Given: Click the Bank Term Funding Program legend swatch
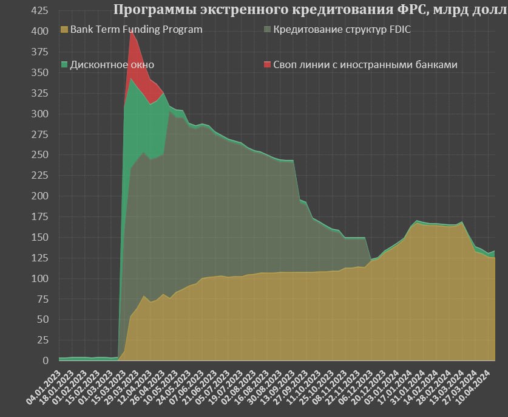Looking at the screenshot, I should (64, 29).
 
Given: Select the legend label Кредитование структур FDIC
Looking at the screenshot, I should (342, 29).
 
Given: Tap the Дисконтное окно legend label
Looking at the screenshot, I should (112, 64).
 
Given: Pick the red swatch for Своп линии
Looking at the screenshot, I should (267, 64).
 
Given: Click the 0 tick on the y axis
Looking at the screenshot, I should (45, 360).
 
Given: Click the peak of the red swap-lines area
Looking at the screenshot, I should (130, 31).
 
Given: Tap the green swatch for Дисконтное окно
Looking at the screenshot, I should (64, 64).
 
